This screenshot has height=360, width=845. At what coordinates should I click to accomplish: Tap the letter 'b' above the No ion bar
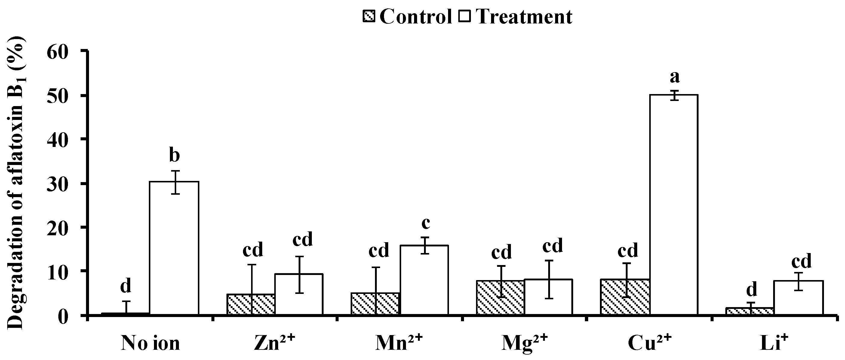tap(174, 155)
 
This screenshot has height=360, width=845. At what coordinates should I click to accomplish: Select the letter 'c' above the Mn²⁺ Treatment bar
tap(426, 223)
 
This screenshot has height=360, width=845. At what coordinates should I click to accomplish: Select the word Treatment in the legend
tap(524, 17)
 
